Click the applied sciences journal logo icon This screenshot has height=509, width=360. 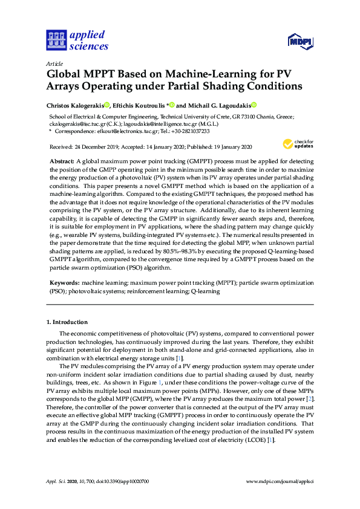(55, 41)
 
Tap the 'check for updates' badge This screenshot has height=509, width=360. (297, 144)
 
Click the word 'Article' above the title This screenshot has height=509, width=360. (54, 63)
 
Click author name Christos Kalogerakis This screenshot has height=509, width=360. (75, 105)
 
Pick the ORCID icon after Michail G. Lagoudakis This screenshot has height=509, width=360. (254, 105)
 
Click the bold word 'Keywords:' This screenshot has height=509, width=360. (64, 282)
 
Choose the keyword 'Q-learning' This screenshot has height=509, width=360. (205, 291)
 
